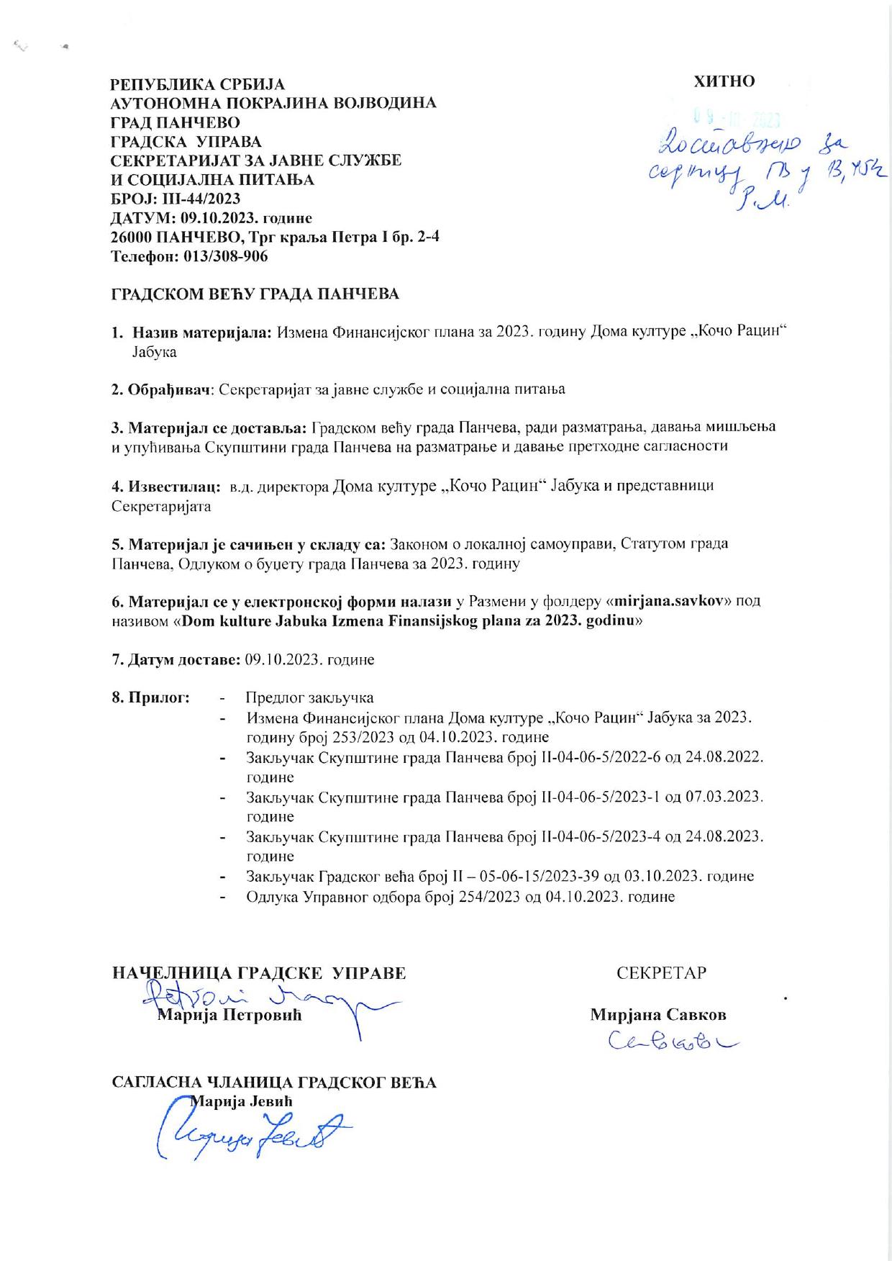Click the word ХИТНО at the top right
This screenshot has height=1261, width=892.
click(724, 81)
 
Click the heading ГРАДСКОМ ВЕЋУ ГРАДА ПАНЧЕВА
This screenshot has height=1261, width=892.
click(255, 294)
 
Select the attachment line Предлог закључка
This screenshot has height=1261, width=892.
click(309, 697)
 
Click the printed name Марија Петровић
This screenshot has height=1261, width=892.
click(229, 1016)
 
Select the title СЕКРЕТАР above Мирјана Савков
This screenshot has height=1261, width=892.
click(661, 973)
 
